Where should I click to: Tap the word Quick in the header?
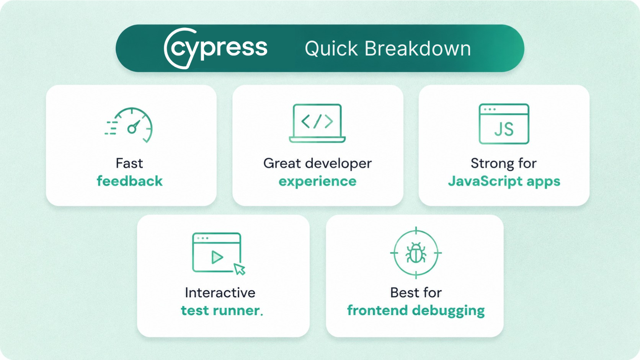pos(331,49)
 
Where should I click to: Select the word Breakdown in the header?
pos(418,48)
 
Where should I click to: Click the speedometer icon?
pos(129,125)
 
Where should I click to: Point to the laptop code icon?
pos(317,123)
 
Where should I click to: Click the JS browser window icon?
pos(504,124)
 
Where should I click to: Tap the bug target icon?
pos(416,252)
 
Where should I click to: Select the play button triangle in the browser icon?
pos(217,257)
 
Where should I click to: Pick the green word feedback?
pos(130,181)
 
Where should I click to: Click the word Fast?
pos(129,163)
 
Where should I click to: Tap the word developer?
pos(338,164)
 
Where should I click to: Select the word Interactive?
pos(220,293)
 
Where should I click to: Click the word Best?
pos(403,293)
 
